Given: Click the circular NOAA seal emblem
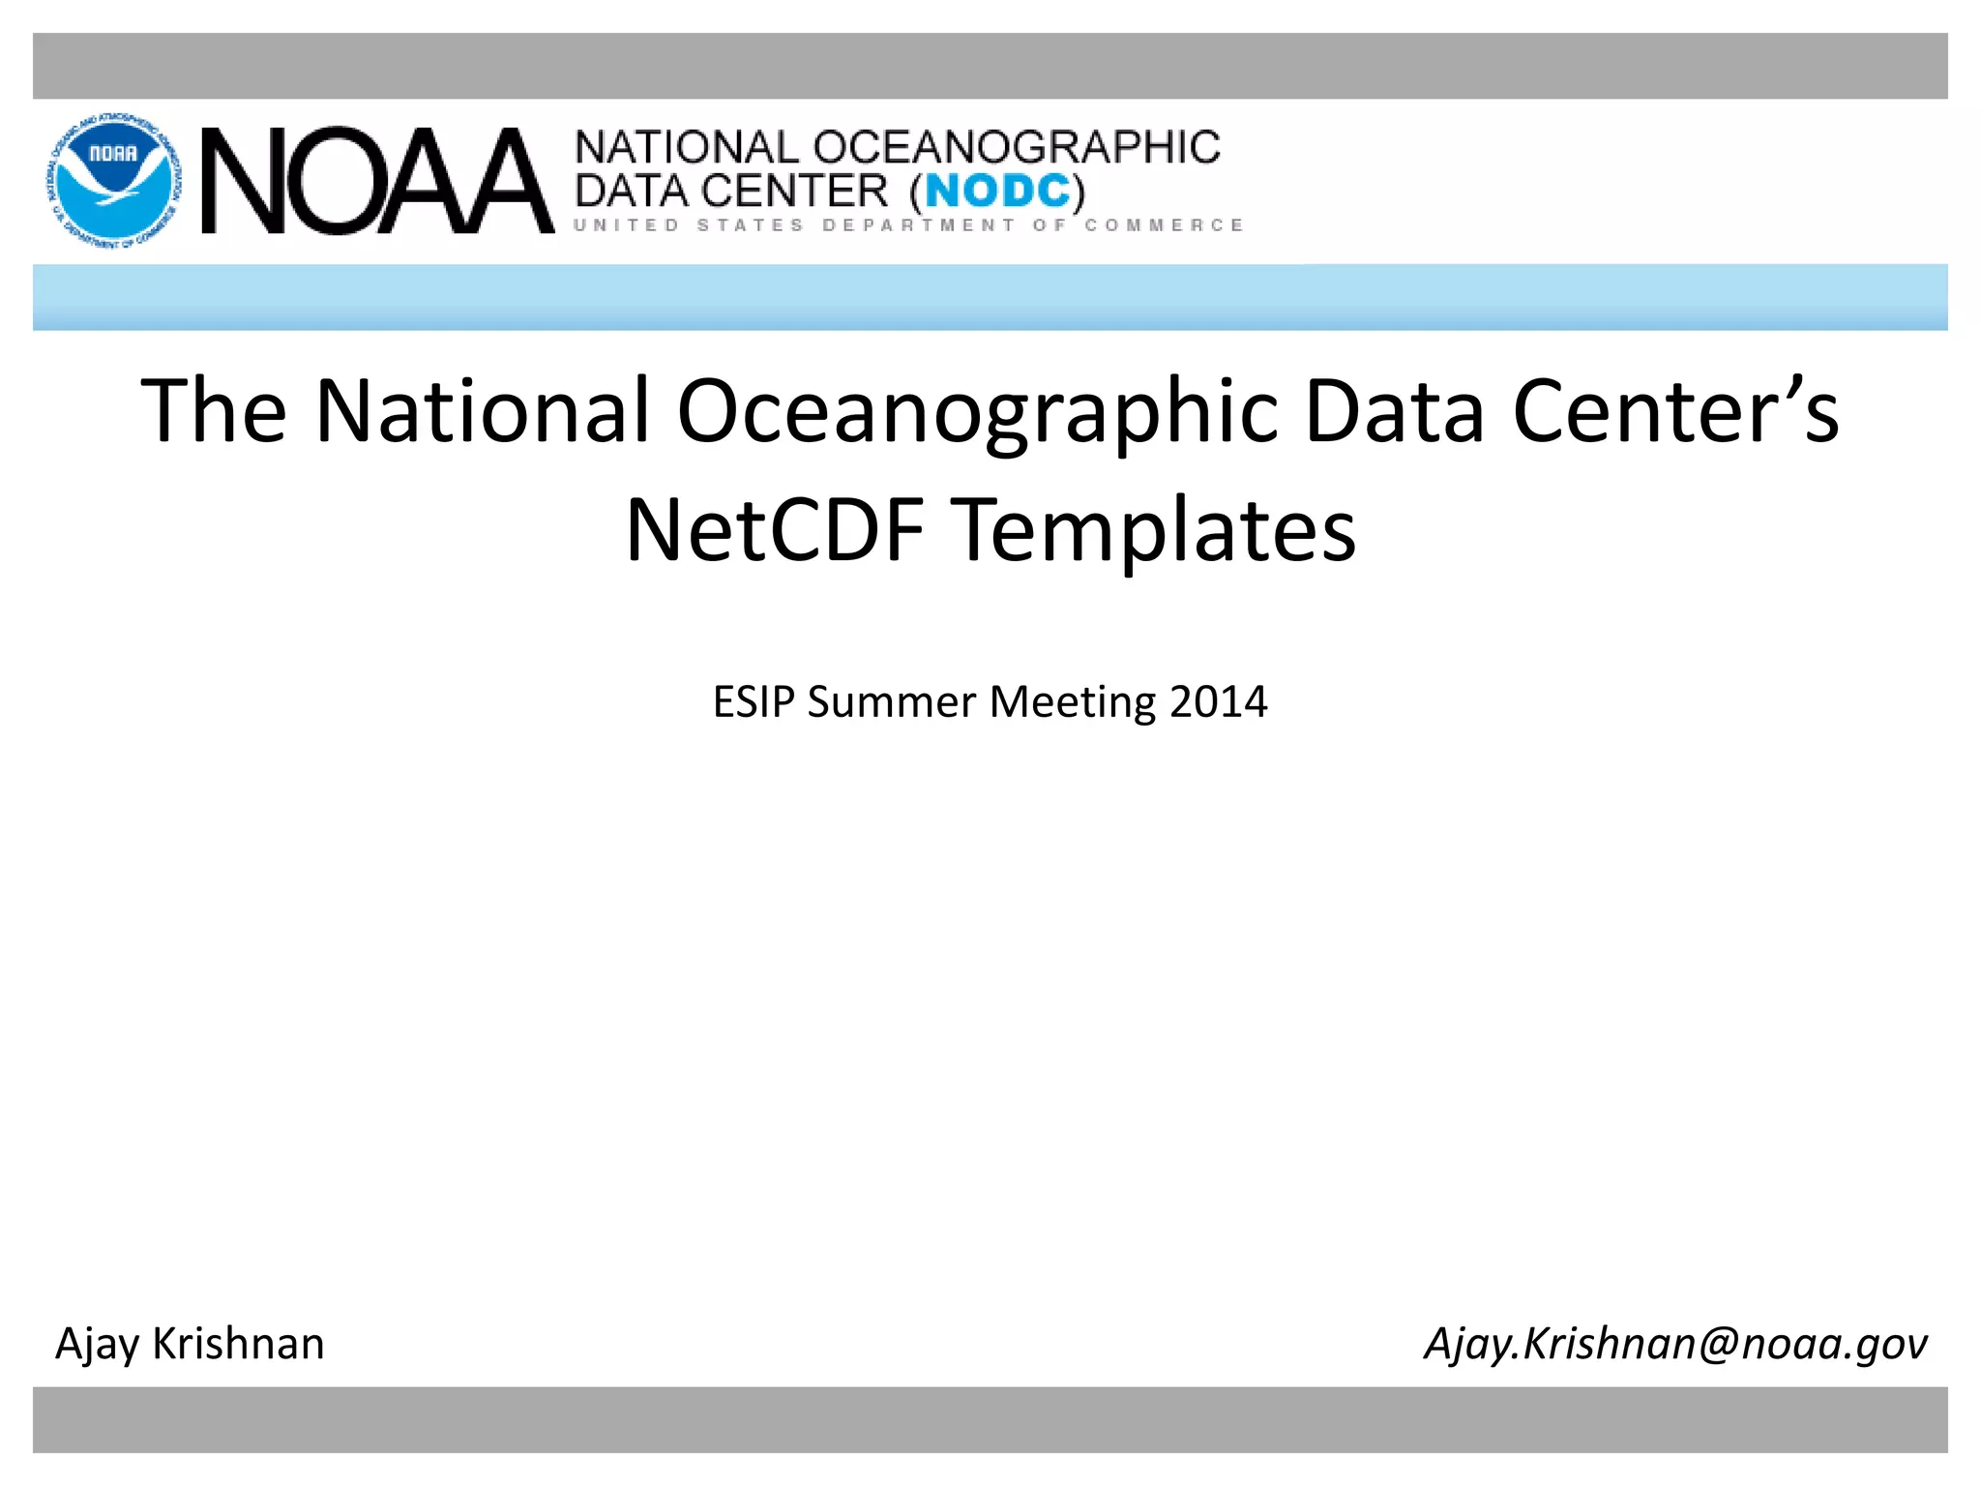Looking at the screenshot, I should click(x=113, y=180).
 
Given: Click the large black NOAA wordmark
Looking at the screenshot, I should click(x=377, y=182).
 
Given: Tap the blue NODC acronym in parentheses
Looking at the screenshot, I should click(x=997, y=192).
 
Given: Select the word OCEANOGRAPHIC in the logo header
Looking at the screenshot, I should click(x=1016, y=148).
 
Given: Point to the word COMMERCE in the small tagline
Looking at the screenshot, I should click(x=1164, y=225).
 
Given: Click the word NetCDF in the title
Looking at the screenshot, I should click(x=775, y=530).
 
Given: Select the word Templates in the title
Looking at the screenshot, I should click(x=1157, y=530).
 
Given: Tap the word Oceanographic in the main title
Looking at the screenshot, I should click(x=977, y=411).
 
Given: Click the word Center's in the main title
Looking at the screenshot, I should click(x=1675, y=411).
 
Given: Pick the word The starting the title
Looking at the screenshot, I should click(x=214, y=411).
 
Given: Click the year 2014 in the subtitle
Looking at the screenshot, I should click(x=1218, y=701).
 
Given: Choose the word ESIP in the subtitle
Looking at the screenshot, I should click(x=754, y=701).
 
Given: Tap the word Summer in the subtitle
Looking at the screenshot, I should click(x=891, y=701).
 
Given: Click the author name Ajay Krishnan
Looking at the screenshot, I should click(x=190, y=1344).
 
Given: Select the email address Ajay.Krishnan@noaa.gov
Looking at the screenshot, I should click(x=1675, y=1344).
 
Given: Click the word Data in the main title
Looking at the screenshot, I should click(x=1394, y=411).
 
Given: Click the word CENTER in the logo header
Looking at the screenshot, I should click(x=794, y=192).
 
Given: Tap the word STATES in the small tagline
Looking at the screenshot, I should click(x=750, y=225).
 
